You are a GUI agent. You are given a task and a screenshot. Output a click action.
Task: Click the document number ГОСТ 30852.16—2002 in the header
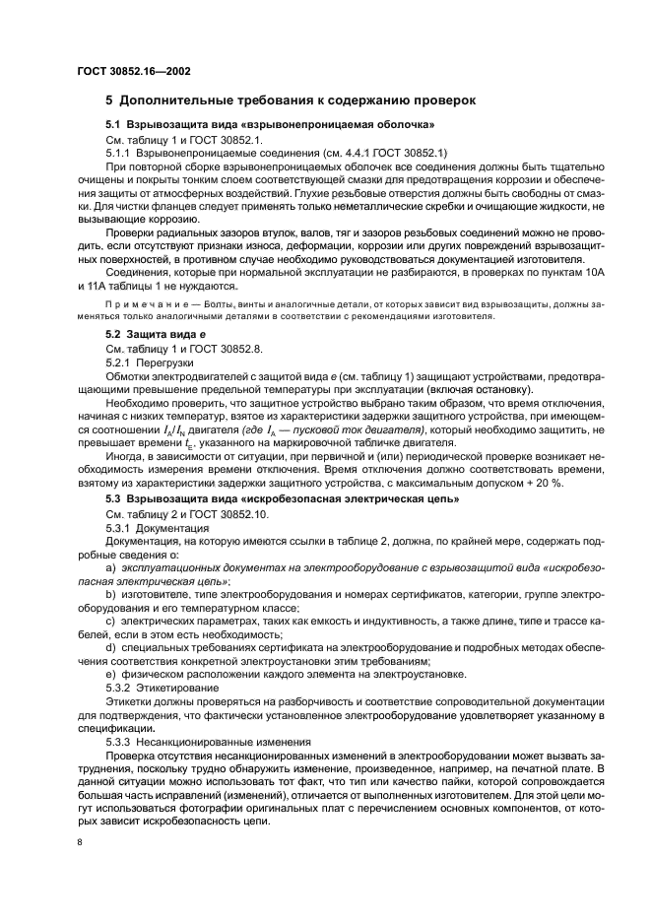(134, 71)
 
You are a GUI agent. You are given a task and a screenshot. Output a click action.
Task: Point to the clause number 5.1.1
(121, 153)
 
